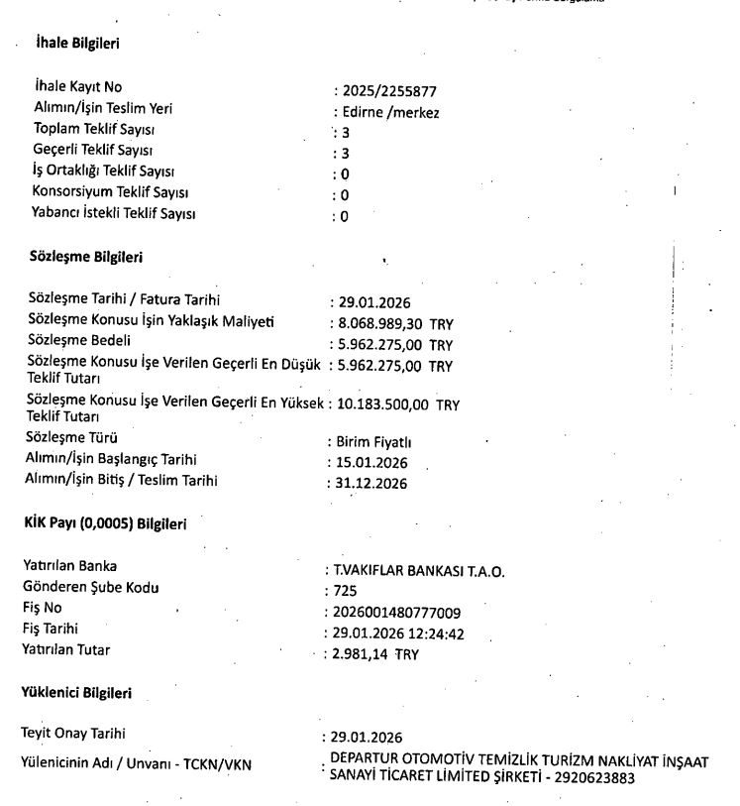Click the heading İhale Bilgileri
77,45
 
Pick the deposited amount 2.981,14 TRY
376,653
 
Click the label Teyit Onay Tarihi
78,735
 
